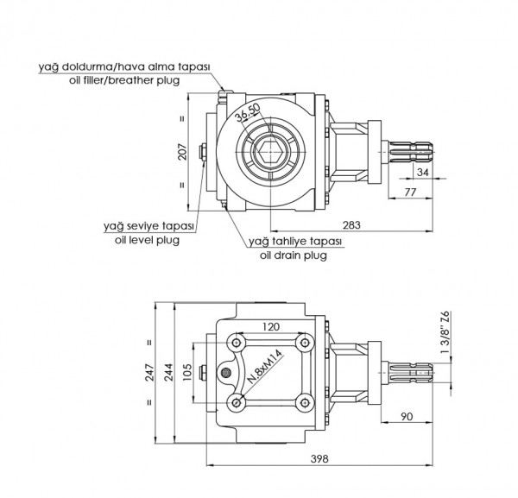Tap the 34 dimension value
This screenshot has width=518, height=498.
click(x=421, y=173)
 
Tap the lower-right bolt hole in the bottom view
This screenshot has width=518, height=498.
click(x=301, y=402)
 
